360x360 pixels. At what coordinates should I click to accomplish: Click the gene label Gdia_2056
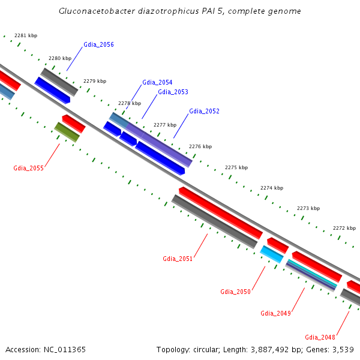[98, 45]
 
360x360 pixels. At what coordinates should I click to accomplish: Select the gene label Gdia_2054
[157, 82]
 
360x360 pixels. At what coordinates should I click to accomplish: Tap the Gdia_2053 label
[173, 92]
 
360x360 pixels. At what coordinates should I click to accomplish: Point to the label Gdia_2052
[204, 111]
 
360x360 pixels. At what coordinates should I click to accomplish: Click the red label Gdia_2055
[28, 168]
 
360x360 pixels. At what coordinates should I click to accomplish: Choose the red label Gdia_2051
[178, 259]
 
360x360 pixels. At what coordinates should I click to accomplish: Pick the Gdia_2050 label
[235, 292]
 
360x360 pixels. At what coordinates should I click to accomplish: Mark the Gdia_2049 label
[275, 313]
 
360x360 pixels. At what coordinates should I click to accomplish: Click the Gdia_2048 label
[320, 337]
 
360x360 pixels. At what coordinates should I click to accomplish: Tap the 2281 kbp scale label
[26, 35]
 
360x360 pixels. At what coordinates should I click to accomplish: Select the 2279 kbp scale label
[95, 81]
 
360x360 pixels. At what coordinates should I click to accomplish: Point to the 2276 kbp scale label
[200, 146]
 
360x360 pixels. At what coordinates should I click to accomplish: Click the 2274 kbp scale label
[272, 188]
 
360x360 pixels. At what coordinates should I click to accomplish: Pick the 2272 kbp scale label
[344, 228]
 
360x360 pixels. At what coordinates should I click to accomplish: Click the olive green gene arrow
[67, 132]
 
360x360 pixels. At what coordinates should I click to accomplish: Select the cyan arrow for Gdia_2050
[272, 254]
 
